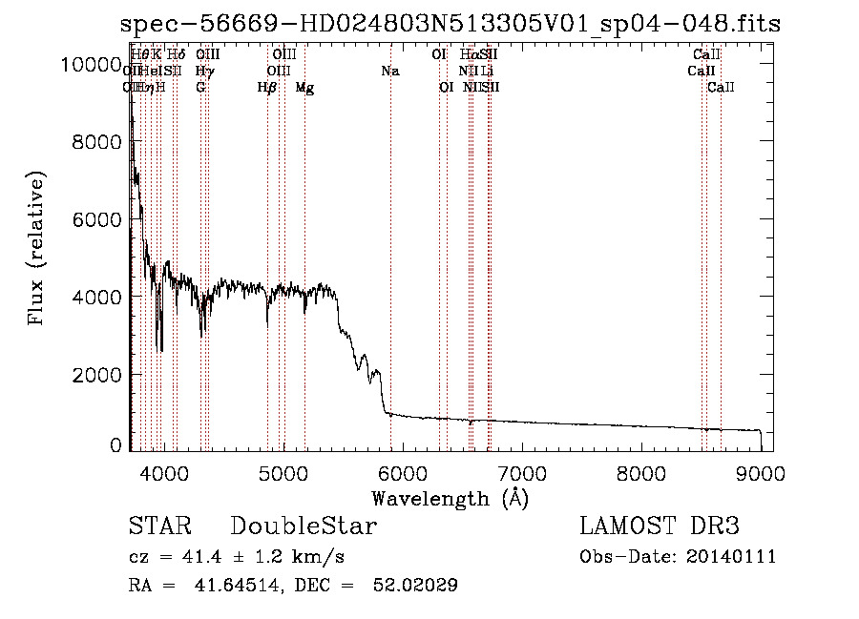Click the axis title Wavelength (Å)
[450, 498]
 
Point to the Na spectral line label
[389, 71]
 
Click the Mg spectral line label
[304, 88]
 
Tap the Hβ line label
[267, 88]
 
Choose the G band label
[200, 88]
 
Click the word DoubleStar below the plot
[304, 526]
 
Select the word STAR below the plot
[159, 526]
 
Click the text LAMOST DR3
[659, 526]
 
